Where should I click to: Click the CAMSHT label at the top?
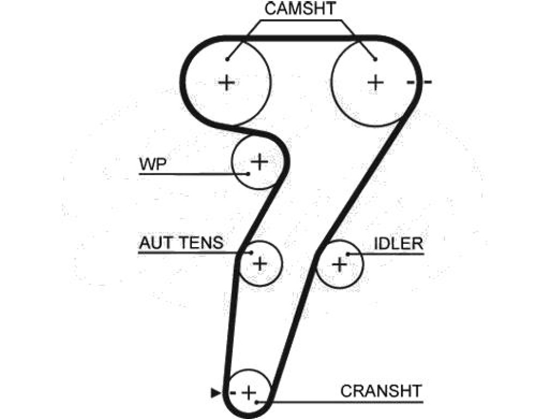tap(300, 9)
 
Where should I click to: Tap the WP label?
tap(153, 164)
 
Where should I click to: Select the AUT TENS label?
tap(181, 243)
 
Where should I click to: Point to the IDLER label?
tap(398, 243)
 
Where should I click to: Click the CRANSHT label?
tap(381, 391)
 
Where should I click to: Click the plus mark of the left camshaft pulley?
tap(227, 83)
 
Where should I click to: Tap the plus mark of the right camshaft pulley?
tap(375, 83)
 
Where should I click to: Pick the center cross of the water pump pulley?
tap(259, 161)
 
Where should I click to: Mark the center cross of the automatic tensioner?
tap(260, 264)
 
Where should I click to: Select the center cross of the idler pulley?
tap(339, 265)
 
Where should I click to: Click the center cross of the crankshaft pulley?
tap(248, 393)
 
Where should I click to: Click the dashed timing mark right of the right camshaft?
tap(420, 82)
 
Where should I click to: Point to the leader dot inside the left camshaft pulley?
tap(227, 59)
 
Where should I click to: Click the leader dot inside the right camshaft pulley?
tap(375, 59)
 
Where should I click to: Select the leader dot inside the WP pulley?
tap(248, 174)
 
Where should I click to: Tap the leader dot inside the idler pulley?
tap(348, 254)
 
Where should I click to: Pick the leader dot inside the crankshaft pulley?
tap(257, 402)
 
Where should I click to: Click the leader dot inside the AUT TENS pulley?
tap(251, 253)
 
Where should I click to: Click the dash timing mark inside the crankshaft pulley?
tap(233, 393)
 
